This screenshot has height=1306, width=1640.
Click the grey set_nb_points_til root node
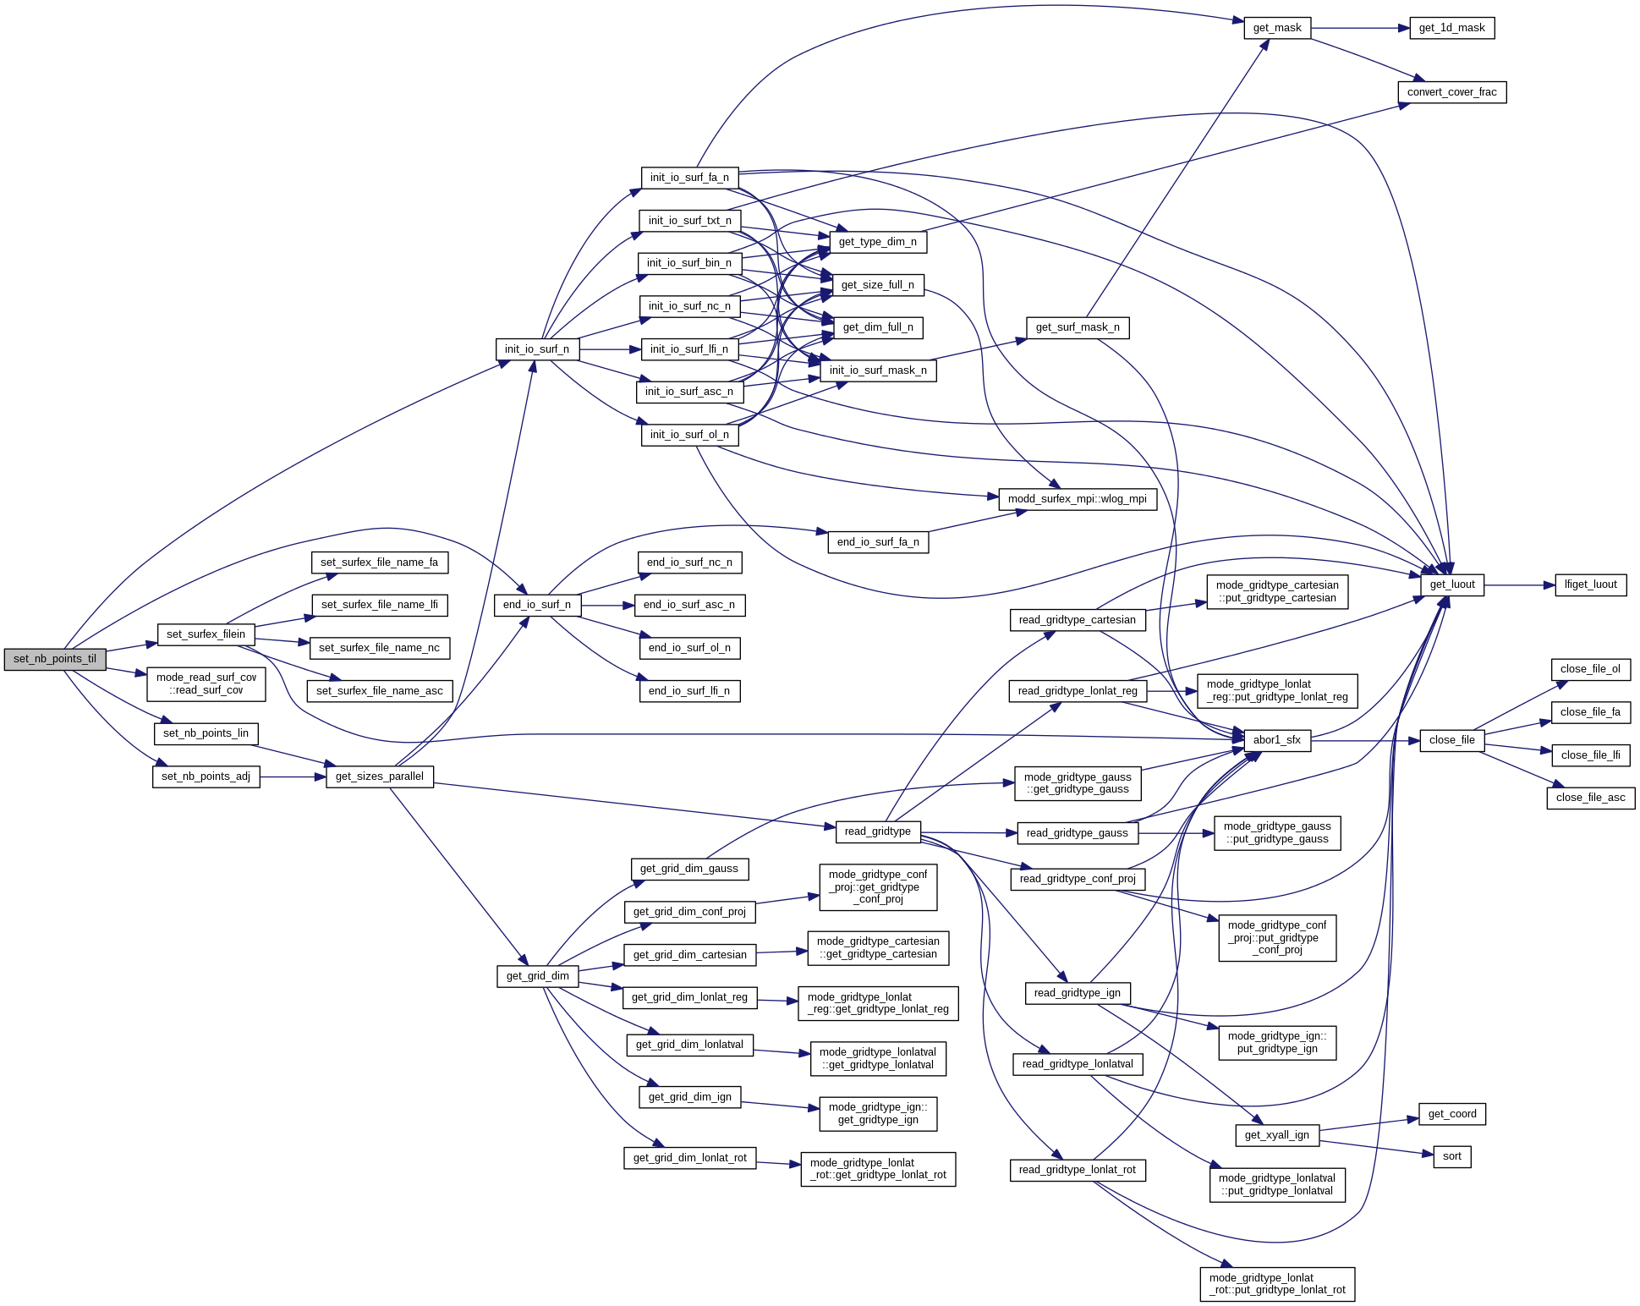pos(55,659)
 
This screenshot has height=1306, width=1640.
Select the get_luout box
pos(1451,584)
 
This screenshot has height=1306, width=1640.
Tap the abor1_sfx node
pos(1276,740)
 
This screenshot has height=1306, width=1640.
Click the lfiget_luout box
pos(1590,584)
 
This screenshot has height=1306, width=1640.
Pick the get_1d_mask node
pos(1451,28)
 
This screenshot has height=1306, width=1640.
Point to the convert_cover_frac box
pos(1451,92)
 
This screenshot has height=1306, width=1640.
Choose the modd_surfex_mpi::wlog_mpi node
pos(1077,499)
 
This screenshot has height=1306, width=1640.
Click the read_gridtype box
pos(877,831)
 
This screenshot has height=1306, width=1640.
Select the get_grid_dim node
pos(537,976)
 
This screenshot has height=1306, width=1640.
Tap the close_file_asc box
pos(1590,798)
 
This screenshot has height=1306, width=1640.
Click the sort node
pos(1451,1156)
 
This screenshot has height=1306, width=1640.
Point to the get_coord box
pos(1451,1114)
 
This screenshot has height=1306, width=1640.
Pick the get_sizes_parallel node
pos(379,776)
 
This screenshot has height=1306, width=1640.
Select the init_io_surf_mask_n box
pos(877,370)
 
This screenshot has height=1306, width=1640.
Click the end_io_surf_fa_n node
pos(877,542)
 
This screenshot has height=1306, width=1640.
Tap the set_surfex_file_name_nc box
pos(380,648)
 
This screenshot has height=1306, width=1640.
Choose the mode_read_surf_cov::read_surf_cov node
pos(206,683)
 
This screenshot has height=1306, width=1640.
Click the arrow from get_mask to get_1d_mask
pos(1360,28)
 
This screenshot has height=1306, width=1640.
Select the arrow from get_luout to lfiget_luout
pos(1519,584)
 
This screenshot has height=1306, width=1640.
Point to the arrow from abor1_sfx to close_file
pos(1364,740)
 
